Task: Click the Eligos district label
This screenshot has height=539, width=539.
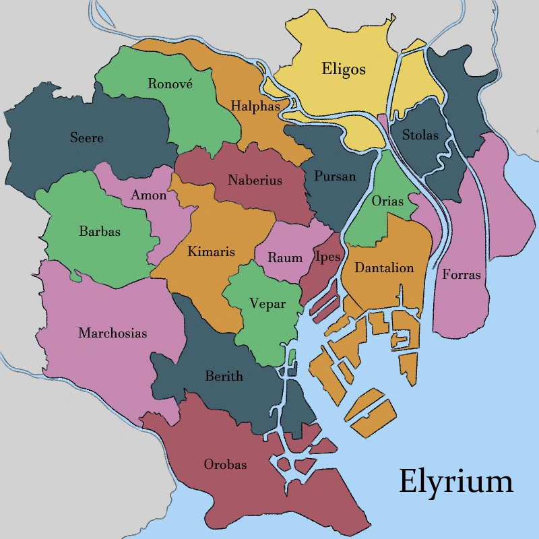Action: click(x=344, y=69)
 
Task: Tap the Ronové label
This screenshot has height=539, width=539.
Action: click(x=170, y=84)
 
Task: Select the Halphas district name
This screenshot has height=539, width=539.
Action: click(x=255, y=106)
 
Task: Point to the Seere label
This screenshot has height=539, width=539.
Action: click(x=87, y=138)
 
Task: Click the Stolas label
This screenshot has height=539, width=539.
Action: click(x=420, y=135)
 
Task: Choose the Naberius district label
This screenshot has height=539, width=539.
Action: click(x=255, y=181)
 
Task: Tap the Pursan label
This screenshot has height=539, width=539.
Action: click(x=335, y=176)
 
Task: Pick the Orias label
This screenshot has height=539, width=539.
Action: click(x=387, y=201)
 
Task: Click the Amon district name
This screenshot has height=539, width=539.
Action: click(x=149, y=195)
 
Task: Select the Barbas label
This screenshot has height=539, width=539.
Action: click(x=100, y=231)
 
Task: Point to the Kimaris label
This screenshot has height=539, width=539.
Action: click(x=212, y=251)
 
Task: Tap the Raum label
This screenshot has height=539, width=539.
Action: click(x=285, y=257)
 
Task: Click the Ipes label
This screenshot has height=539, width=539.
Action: click(x=327, y=257)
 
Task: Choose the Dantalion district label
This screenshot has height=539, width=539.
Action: click(x=384, y=267)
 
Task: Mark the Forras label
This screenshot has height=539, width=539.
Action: click(x=462, y=274)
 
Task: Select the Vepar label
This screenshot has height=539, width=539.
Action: click(x=267, y=304)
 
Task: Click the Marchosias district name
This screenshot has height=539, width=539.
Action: click(x=113, y=333)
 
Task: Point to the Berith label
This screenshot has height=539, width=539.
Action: click(x=224, y=376)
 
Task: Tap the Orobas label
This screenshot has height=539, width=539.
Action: click(x=225, y=464)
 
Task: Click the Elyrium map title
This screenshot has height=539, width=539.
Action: click(x=456, y=481)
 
